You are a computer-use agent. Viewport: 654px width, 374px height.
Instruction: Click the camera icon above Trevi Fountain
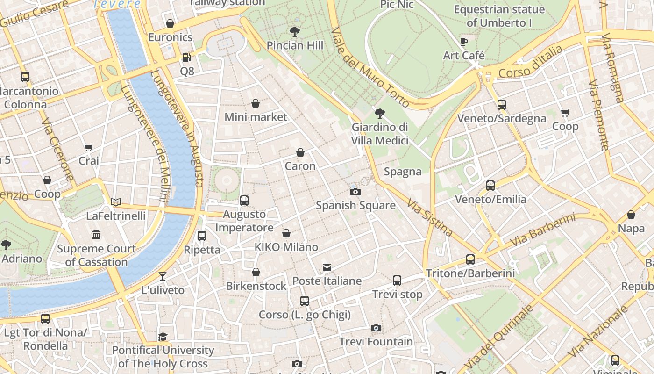click(376, 328)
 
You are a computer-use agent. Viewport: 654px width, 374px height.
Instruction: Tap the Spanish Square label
click(355, 205)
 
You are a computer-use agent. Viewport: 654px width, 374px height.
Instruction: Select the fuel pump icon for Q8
click(186, 58)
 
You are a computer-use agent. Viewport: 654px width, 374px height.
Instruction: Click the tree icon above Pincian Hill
click(294, 32)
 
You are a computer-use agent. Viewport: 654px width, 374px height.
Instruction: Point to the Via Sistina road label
click(429, 217)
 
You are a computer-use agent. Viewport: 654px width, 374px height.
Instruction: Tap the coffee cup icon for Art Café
click(464, 42)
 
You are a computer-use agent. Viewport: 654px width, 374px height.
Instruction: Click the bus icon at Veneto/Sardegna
click(502, 105)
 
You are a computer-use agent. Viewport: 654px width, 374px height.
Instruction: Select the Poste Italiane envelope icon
click(327, 267)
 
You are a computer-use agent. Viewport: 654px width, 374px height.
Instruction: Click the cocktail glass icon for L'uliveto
click(163, 276)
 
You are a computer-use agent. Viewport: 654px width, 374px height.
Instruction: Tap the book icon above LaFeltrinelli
click(116, 202)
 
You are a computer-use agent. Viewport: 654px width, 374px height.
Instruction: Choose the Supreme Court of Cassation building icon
click(96, 234)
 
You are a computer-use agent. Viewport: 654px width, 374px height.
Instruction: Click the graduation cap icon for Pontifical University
click(163, 337)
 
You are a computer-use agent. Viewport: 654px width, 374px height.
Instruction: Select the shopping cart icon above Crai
click(89, 147)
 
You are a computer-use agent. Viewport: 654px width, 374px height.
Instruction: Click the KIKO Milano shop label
click(286, 247)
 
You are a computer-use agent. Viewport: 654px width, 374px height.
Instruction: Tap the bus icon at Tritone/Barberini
click(470, 259)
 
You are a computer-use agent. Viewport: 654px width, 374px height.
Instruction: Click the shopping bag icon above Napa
click(631, 215)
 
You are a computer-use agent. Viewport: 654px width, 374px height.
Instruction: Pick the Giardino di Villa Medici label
click(380, 134)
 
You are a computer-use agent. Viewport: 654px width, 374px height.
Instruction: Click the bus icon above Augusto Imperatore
click(244, 201)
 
